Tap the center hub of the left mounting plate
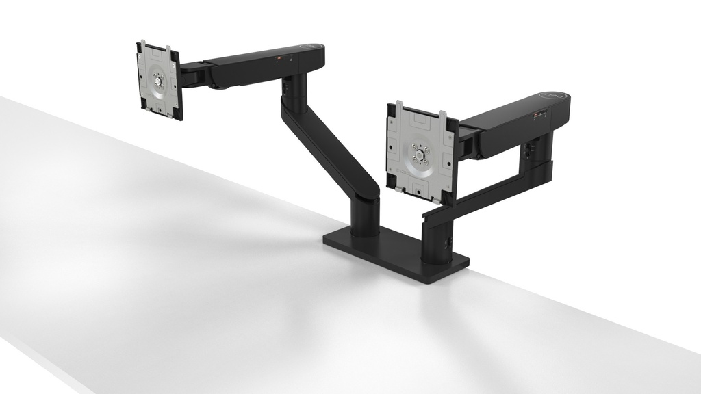pyautogui.click(x=159, y=81)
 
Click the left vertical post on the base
pyautogui.click(x=365, y=215)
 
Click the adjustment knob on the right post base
pyautogui.click(x=448, y=241)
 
